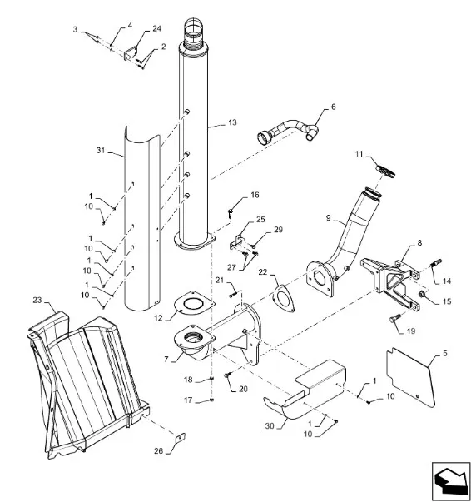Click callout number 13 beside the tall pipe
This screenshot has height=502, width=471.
pos(232,122)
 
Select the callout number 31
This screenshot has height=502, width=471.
pos(101,150)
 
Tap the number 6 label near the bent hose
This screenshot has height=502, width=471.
pos(333,107)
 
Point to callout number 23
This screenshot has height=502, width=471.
pos(37,300)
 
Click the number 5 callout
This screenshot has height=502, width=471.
pos(445,353)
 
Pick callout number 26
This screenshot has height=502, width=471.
pos(158,450)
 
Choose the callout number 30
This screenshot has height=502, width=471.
pos(270,425)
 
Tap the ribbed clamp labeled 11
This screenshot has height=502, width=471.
pos(385,171)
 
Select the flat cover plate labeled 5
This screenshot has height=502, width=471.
pos(411,378)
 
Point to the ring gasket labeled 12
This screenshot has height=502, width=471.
pos(194,301)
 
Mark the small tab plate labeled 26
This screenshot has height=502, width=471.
pos(181,437)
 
